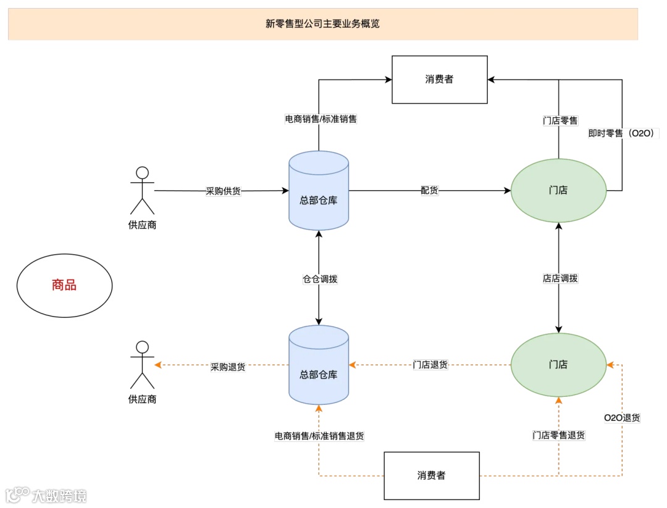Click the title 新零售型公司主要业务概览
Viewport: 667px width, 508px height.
[322, 24]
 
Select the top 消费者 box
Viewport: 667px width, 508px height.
[440, 79]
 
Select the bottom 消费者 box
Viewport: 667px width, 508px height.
[431, 475]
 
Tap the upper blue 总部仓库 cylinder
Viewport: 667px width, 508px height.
[319, 191]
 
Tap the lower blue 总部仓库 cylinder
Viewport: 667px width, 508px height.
[319, 365]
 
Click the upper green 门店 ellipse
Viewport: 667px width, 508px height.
[558, 190]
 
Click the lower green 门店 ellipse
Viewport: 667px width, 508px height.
[558, 364]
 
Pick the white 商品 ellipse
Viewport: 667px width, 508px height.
[64, 285]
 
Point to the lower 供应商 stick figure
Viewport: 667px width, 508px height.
[143, 364]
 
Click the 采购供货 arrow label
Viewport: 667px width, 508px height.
[223, 191]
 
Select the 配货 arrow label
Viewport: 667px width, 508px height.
[429, 191]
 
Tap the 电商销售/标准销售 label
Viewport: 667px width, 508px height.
[320, 119]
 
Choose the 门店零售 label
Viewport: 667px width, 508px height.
[560, 121]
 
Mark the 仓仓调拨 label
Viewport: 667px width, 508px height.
[320, 279]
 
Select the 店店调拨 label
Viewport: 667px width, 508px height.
[560, 278]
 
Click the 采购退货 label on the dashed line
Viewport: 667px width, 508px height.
[228, 367]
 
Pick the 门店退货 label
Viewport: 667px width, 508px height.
[430, 365]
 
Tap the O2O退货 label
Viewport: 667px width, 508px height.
[622, 418]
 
